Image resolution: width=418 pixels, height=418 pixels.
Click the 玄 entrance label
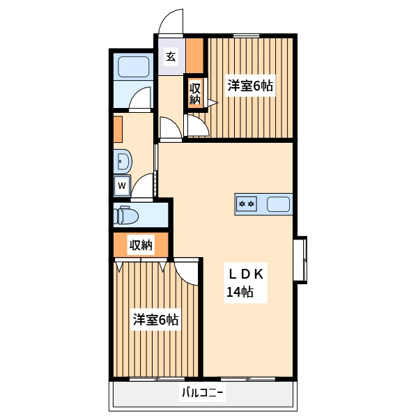point(171,56)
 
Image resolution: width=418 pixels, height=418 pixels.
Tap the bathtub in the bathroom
point(133,67)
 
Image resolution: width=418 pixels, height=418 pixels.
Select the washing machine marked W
point(122,185)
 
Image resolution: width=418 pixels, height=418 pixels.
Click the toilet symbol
point(126,215)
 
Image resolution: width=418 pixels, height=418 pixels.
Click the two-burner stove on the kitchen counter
point(247,204)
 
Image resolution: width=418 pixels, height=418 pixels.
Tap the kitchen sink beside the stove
point(278,204)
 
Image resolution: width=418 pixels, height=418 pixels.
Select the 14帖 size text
point(240,292)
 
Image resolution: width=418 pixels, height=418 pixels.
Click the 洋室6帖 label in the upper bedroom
point(250,86)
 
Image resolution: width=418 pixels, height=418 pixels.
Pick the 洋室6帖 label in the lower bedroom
point(155,319)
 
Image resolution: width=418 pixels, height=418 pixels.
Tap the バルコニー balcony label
point(202,393)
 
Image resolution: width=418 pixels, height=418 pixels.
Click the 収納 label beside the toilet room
point(141,245)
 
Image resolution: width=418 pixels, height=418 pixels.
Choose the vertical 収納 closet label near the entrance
point(195,94)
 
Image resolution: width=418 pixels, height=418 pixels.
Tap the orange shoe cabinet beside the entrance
point(194,56)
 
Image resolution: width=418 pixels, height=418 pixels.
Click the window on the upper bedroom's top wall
point(247,36)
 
